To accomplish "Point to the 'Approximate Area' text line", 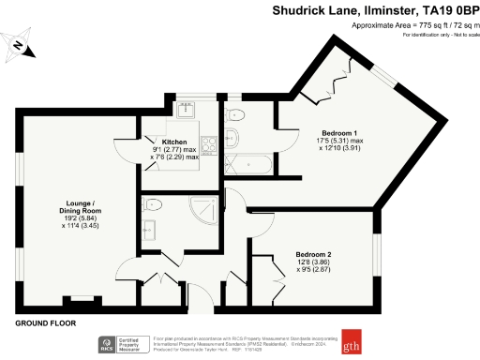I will click(x=412, y=25).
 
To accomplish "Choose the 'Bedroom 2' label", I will click(x=314, y=255).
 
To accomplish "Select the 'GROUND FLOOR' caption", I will click(x=45, y=323).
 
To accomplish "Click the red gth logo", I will click(x=353, y=341).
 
